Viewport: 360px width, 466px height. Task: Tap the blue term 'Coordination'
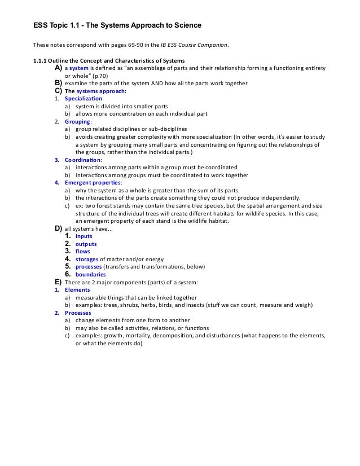pos(82,160)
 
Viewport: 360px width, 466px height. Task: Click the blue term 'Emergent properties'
pos(90,183)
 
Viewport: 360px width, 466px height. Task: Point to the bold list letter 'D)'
pos(58,228)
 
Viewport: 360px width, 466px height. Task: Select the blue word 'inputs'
pos(84,236)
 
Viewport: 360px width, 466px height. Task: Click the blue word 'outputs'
pos(86,244)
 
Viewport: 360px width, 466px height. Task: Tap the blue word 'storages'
pos(87,259)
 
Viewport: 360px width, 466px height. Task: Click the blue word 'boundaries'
pos(90,274)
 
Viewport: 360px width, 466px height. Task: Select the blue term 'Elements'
pos(77,290)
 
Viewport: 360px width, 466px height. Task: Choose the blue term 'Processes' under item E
pos(78,313)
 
